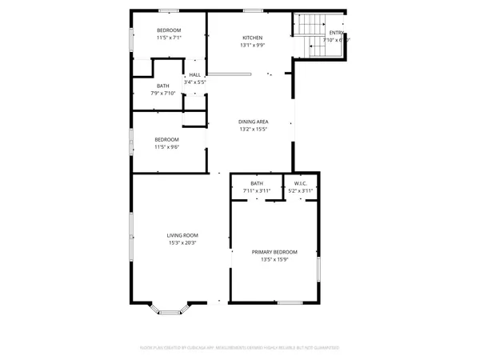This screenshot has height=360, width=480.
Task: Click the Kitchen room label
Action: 253,38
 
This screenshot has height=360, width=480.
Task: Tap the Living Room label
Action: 182,235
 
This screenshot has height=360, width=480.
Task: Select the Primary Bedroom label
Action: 274,252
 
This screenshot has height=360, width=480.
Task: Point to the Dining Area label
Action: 253,122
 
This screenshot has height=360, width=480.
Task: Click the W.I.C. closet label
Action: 301,183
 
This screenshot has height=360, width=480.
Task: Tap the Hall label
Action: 194,74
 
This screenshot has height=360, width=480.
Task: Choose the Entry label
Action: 337,33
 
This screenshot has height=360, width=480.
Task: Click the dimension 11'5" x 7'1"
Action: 169,38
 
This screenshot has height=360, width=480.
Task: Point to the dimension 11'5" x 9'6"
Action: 166,147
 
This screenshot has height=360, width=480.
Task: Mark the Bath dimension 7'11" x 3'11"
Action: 257,190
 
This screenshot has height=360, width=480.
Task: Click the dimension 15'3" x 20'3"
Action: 182,242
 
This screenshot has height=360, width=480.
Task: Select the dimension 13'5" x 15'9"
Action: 274,259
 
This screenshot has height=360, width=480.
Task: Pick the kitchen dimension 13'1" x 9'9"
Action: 253,46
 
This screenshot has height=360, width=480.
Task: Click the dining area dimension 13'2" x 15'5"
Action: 253,129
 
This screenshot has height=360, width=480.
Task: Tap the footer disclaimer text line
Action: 240,348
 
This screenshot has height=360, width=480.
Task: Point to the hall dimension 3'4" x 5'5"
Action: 195,82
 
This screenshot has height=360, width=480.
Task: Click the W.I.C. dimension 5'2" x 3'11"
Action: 301,190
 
